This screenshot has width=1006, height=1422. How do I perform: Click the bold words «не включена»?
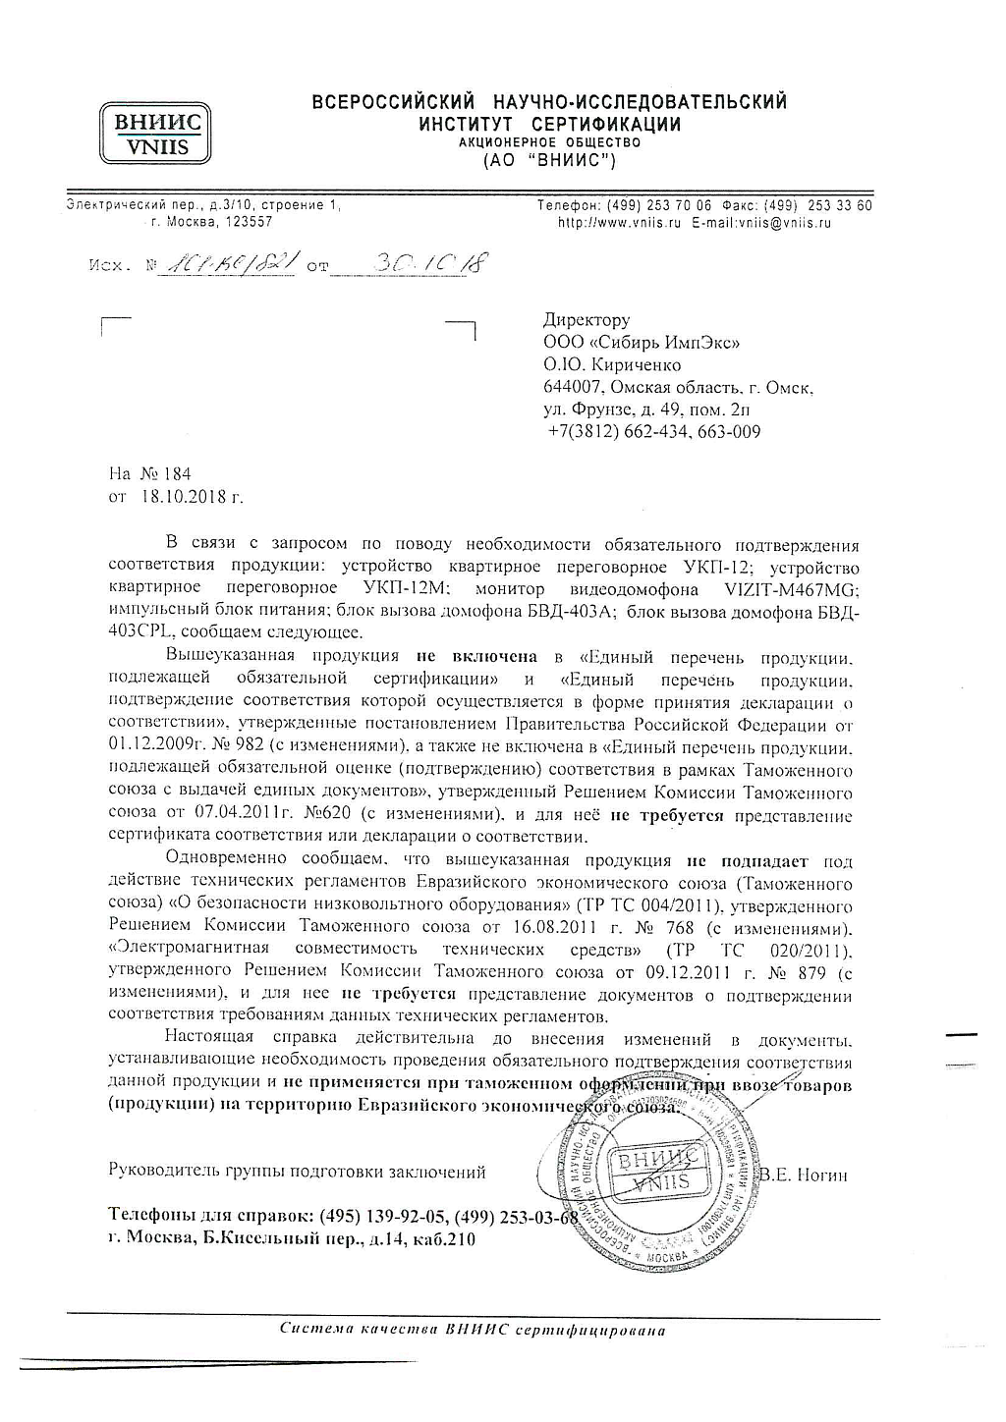click(x=476, y=655)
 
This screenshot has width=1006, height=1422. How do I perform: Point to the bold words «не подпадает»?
click(x=748, y=861)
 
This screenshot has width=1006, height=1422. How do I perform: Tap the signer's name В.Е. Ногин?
click(x=805, y=1175)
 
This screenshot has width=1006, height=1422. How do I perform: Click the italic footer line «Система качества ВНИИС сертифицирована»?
click(x=472, y=1331)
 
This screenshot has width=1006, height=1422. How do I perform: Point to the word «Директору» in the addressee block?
click(x=587, y=320)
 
